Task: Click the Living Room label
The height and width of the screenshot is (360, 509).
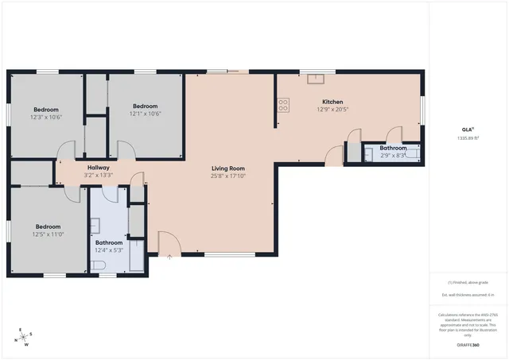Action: point(227,168)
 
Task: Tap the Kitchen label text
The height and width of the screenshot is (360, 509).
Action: point(332,102)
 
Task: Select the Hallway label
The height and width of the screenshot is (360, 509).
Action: point(99,168)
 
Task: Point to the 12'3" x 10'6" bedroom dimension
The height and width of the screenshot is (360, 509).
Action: point(46,116)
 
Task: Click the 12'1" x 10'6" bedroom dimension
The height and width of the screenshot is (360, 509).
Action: point(146,114)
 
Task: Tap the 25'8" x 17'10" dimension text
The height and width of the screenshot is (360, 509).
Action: point(227,176)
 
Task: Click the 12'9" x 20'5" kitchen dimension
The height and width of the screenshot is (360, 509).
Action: point(332,109)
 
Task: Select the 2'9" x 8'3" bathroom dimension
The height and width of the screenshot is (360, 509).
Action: point(393,155)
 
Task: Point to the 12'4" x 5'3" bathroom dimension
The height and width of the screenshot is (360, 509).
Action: point(109,250)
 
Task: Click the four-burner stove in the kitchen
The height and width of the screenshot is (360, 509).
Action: point(282,103)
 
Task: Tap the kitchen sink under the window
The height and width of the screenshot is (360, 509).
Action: point(317,78)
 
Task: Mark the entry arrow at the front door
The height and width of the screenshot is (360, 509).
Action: point(169,257)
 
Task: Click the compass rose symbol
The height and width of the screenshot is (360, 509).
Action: point(25,337)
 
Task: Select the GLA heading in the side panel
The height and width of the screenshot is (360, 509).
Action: point(468,130)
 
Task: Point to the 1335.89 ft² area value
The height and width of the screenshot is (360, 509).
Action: point(468,138)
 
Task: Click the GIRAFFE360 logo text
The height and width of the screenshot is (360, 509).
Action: point(468,345)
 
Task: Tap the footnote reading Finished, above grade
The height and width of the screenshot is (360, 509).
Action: point(468,282)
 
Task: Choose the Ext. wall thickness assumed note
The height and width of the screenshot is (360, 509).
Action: point(468,295)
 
